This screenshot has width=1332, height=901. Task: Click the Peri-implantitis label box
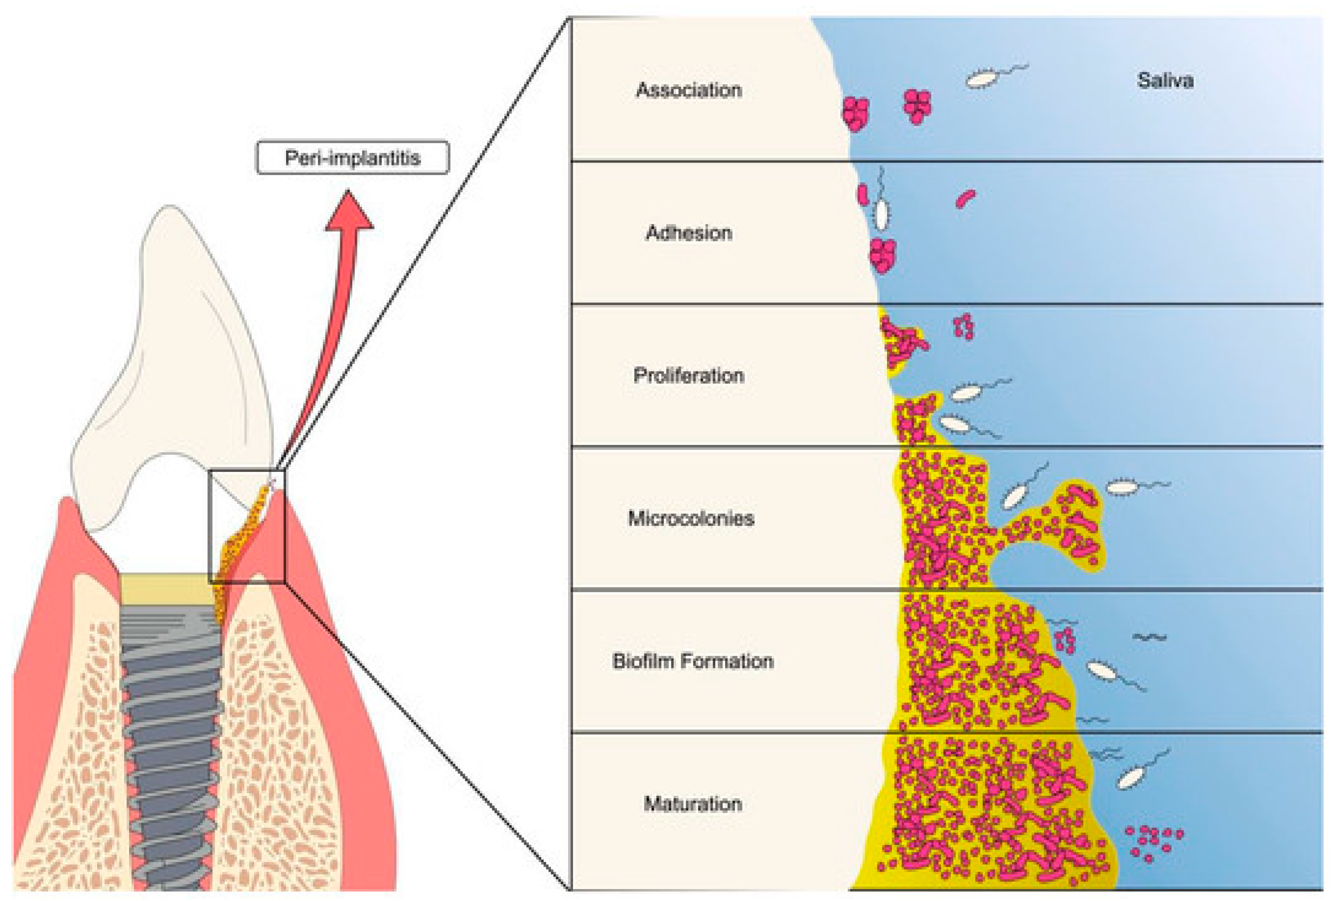point(352,157)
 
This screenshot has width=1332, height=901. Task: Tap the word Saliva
point(1165,80)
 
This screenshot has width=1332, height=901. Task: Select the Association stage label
point(689,90)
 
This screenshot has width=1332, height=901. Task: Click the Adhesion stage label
point(689,233)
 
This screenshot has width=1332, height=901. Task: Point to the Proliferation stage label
point(689,375)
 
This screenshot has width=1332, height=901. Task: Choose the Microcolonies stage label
point(691,518)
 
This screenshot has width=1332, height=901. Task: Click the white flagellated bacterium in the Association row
point(981,79)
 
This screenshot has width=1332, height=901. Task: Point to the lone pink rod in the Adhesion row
point(965,198)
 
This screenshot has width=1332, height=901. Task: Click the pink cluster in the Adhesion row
point(882,255)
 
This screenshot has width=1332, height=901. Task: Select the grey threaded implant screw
point(171,745)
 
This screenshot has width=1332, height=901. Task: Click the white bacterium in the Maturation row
point(1130,778)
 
